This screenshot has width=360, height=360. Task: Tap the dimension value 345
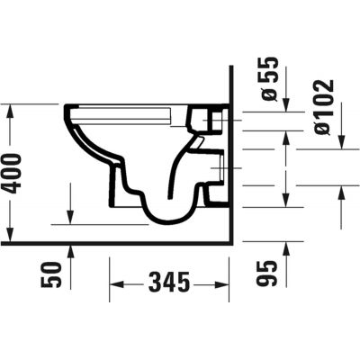(x=167, y=283)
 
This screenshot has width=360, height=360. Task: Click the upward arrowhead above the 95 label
(x=285, y=246)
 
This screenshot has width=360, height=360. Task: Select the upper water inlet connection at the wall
(x=214, y=119)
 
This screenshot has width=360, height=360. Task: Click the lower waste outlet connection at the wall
(x=216, y=191)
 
